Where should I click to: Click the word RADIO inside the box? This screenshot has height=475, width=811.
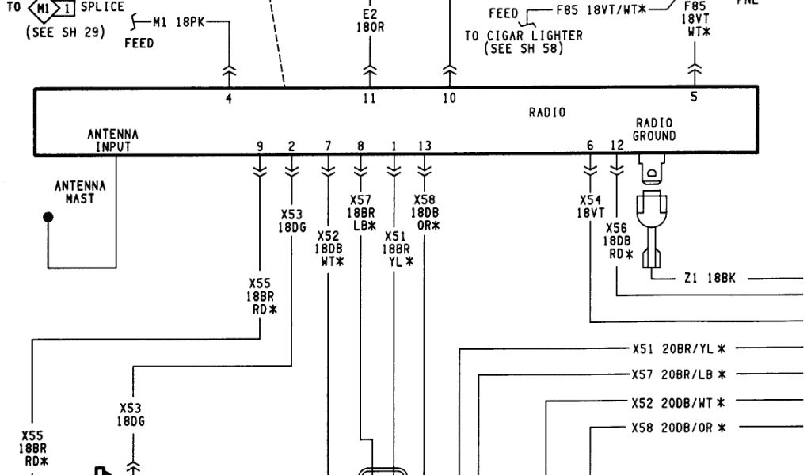click(x=547, y=113)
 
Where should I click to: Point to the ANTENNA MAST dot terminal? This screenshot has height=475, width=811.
click(x=49, y=217)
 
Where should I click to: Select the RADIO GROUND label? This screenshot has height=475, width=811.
click(x=653, y=130)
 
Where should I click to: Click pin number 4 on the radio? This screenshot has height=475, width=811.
click(x=229, y=99)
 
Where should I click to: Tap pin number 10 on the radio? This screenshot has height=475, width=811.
click(x=449, y=99)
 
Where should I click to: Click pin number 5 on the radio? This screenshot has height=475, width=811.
click(x=694, y=98)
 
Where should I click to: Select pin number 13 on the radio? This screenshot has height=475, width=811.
click(x=425, y=146)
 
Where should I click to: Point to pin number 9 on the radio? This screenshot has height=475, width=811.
click(x=260, y=146)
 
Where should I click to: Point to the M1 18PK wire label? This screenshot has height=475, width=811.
click(x=181, y=22)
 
